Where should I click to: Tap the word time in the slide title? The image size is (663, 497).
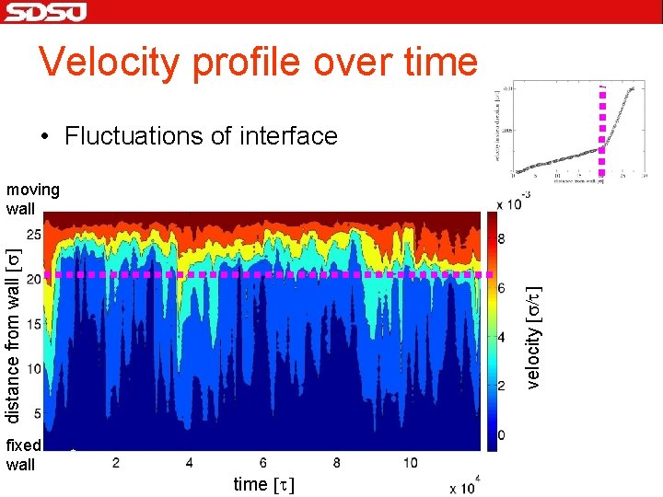click(434, 62)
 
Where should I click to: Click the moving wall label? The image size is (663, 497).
click(32, 199)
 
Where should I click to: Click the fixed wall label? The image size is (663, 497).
click(23, 455)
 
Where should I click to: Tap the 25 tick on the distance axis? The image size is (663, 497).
click(32, 235)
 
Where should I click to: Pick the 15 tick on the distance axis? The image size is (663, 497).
click(32, 324)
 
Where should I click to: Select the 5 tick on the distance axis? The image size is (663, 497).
click(36, 413)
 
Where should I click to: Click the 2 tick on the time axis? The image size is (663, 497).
click(115, 462)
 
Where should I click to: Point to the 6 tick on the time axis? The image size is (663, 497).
click(263, 462)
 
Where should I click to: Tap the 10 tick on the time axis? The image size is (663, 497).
click(411, 462)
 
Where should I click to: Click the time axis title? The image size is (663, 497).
click(264, 484)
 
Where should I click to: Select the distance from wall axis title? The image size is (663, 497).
click(13, 336)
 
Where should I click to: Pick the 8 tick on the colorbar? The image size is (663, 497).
click(502, 238)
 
